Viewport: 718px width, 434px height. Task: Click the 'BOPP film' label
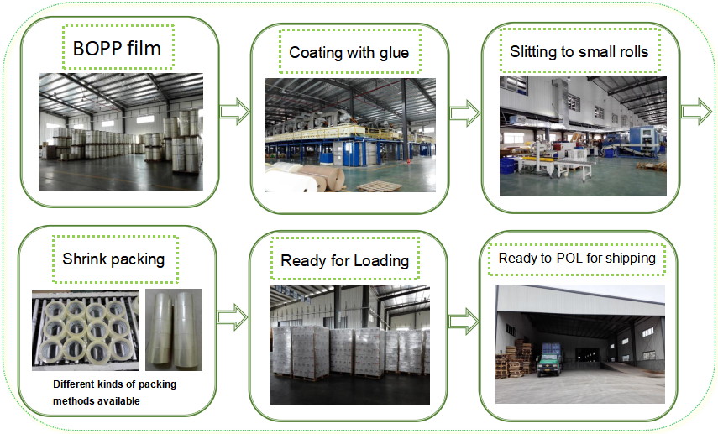[118, 49]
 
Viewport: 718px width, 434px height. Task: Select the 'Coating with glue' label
[349, 53]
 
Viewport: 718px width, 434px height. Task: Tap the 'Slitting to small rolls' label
[579, 51]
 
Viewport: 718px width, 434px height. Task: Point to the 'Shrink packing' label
[113, 258]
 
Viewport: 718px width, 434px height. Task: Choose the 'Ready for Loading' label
[344, 260]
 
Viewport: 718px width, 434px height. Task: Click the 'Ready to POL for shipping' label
[577, 258]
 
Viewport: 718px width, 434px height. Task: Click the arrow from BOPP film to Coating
[234, 110]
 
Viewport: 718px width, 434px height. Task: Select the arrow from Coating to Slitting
[464, 113]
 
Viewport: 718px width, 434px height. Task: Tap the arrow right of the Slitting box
[696, 112]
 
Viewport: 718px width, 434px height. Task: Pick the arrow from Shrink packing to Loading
[233, 317]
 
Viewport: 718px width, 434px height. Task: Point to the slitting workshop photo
[582, 135]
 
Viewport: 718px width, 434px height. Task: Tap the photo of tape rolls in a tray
[84, 330]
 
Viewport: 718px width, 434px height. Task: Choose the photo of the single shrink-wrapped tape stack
[174, 330]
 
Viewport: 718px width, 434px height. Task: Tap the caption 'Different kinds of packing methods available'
[114, 393]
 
